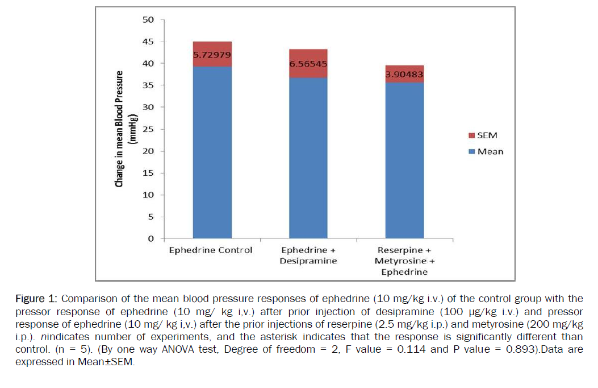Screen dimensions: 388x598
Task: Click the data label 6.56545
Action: tap(308, 64)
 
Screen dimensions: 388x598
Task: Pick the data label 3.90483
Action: tap(405, 74)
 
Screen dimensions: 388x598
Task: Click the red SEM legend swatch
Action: tap(472, 136)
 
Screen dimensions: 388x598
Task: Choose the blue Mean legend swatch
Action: tap(472, 151)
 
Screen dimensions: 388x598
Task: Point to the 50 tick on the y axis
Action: tap(148, 20)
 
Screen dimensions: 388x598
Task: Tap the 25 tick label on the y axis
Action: tap(148, 129)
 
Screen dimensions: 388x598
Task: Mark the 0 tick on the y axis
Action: tap(151, 238)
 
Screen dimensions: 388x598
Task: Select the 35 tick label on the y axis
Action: tap(148, 85)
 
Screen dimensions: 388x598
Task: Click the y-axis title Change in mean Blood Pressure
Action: tap(120, 129)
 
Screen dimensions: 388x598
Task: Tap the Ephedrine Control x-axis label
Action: tap(211, 250)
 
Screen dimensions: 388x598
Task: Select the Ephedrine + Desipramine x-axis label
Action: tap(308, 255)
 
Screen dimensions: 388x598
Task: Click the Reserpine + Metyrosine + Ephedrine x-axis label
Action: tap(405, 261)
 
